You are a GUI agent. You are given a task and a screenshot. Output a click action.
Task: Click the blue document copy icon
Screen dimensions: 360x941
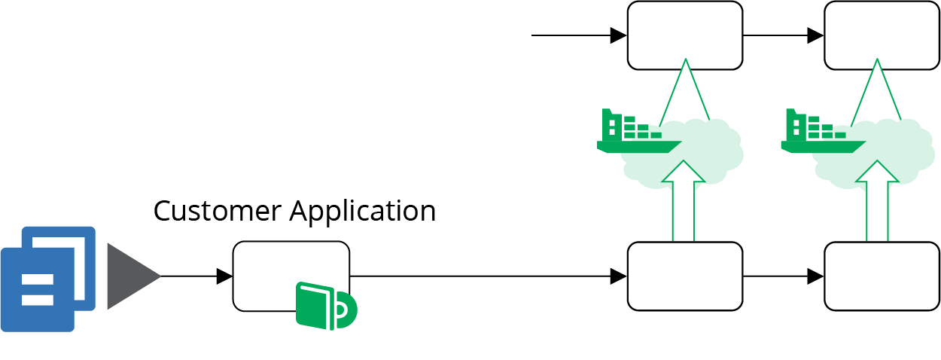(x=47, y=279)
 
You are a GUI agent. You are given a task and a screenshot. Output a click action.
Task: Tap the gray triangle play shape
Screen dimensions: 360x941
(x=129, y=276)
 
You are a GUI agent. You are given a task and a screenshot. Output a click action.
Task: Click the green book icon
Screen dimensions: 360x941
(x=325, y=307)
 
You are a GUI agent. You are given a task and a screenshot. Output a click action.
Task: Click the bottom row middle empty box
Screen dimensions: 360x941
(x=685, y=276)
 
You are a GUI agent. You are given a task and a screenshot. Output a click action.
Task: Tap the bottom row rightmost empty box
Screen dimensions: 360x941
(x=882, y=276)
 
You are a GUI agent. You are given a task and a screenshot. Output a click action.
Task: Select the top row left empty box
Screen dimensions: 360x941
(x=685, y=35)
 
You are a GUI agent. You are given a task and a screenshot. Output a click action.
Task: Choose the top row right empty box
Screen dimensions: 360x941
(x=882, y=35)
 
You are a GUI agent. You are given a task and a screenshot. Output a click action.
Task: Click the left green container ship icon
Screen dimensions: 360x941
(x=636, y=133)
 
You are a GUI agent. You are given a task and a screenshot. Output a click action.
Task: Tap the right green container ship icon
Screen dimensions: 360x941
(x=821, y=133)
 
